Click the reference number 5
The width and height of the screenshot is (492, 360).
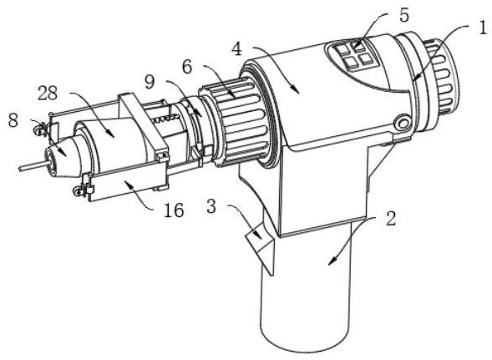pos(404,15)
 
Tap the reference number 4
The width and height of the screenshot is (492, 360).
pos(237,49)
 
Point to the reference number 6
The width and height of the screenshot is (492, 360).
pos(187,66)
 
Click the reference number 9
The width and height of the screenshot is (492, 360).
pos(150,82)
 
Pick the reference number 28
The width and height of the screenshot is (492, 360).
pos(48,93)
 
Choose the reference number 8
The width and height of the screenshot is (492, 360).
pos(13,120)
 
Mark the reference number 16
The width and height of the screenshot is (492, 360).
pos(174,210)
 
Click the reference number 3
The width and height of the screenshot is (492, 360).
pos(211,207)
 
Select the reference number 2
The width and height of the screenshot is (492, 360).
pos(390,219)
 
